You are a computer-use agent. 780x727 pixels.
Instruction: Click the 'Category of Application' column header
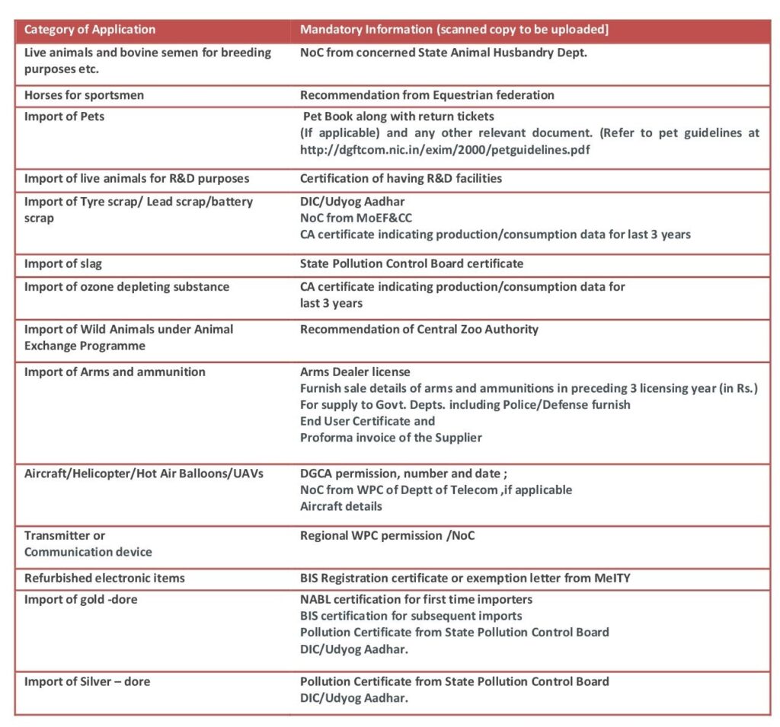pos(90,30)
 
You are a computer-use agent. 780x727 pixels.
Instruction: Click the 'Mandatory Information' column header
pos(454,30)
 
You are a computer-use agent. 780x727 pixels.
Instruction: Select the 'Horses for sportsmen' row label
pos(84,95)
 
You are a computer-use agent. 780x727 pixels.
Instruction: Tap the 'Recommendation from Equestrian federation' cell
pos(427,95)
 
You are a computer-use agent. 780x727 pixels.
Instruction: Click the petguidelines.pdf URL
pos(445,150)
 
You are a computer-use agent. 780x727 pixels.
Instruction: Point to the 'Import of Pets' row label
pos(65,116)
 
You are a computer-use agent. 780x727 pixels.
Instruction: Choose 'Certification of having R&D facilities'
pos(401,179)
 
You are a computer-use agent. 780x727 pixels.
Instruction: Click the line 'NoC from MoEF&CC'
pos(356,218)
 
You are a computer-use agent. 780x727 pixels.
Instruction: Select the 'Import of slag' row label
pos(63,264)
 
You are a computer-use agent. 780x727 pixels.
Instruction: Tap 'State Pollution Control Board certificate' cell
pos(411,264)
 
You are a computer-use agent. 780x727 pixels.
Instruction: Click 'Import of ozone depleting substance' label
pos(126,287)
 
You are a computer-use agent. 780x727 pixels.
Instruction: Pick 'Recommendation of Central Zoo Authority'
pos(419,330)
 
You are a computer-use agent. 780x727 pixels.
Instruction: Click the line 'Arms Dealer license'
pos(355,372)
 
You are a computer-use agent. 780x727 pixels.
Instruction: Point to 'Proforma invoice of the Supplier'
pos(391,438)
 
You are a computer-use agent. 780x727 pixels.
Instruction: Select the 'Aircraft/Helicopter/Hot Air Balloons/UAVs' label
pos(144,474)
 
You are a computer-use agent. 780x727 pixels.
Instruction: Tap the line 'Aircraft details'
pos(341,506)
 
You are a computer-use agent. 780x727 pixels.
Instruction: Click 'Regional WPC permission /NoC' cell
pos(387,536)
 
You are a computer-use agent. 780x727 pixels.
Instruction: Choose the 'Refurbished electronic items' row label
pos(104,579)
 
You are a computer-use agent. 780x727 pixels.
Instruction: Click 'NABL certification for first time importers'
pos(416,600)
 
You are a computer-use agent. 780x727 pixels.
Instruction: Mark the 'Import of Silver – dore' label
pos(87,682)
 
